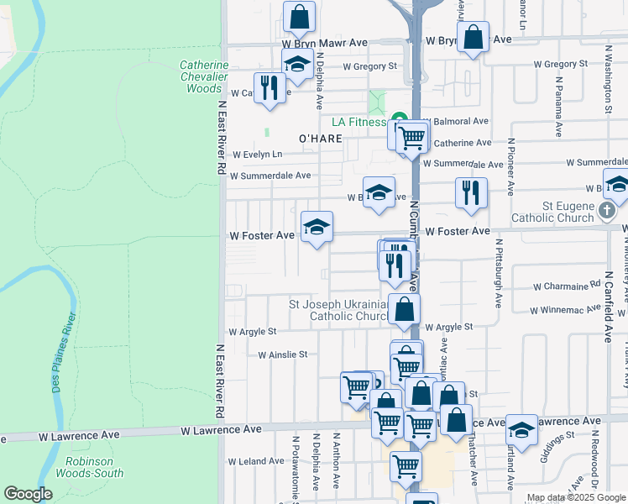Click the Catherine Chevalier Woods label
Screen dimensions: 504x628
pos(203,76)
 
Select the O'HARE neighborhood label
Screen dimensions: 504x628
pos(321,138)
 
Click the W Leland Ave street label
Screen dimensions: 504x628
pos(257,461)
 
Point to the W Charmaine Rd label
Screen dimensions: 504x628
pos(568,285)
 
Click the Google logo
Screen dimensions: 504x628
pos(28,493)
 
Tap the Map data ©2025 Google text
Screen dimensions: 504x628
pos(575,498)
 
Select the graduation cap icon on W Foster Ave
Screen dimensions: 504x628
pos(317,227)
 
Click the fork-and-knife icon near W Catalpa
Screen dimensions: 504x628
pos(270,88)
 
